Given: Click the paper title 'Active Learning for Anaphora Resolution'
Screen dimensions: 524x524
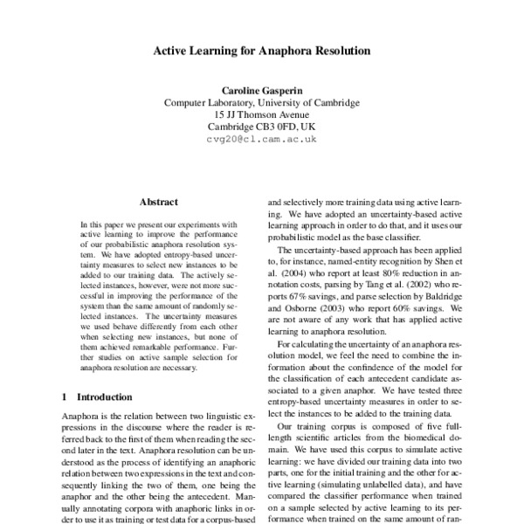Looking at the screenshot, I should pos(262,51).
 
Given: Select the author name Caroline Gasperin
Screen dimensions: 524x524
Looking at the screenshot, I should pos(262,89).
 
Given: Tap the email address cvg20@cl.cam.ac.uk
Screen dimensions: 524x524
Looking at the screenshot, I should pos(262,139).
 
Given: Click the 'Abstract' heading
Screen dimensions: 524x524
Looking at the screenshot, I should pos(158,201).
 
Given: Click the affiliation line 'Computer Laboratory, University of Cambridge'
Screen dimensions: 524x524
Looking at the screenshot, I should pos(262,101).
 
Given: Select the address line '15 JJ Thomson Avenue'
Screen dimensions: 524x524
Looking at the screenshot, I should pos(262,114).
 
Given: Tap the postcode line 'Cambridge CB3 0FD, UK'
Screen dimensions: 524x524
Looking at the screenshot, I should pos(262,126).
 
